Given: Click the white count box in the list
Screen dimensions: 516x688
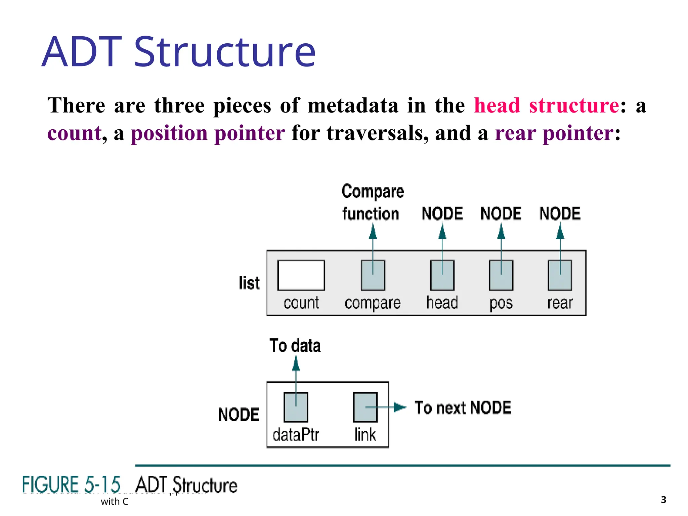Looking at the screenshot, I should (301, 275).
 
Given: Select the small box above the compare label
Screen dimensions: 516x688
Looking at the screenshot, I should (373, 275).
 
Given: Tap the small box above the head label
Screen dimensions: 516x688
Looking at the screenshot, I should (442, 275).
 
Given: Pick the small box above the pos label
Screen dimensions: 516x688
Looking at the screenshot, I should (501, 275).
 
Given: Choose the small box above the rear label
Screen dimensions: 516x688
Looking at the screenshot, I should (560, 275).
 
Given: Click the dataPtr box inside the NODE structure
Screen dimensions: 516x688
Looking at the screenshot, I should (296, 407).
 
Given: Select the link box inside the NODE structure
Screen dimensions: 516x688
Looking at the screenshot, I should (365, 407).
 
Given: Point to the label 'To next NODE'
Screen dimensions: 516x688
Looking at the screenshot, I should (463, 408).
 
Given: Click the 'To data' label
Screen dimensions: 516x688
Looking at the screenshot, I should (295, 346).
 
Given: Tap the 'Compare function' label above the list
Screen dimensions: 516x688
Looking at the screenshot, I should (372, 203).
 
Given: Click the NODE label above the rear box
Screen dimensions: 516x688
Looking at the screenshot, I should (560, 213).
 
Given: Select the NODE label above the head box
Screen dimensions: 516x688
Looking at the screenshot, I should (442, 213).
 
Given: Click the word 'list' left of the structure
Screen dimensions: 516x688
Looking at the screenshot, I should (249, 283).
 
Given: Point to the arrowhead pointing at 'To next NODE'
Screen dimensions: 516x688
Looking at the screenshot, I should (400, 407).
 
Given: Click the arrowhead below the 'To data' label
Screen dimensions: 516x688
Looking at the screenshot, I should (296, 364).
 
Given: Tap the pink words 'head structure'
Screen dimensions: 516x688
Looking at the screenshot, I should (547, 105).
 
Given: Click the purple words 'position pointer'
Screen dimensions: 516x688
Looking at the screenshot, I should (208, 133).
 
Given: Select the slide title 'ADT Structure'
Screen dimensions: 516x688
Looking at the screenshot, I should (178, 52).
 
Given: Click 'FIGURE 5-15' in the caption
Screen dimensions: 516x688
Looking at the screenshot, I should (71, 485).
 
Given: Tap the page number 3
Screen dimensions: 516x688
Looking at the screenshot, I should (663, 500).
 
